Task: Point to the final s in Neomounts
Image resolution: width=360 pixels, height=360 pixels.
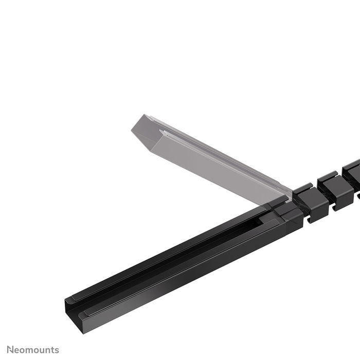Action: [57, 350]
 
